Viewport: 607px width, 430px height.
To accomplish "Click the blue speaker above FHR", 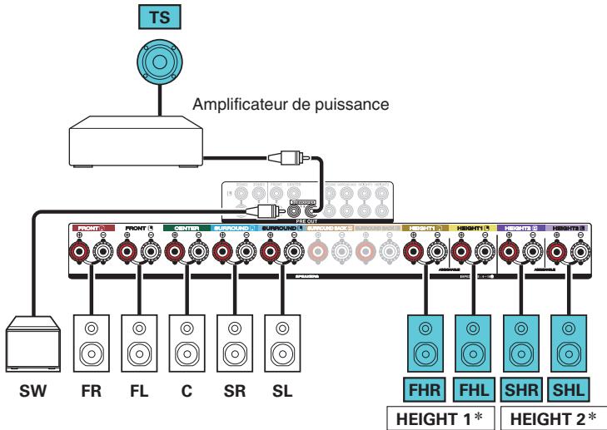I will coord(427,337).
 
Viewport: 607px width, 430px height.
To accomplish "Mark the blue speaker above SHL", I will coord(570,337).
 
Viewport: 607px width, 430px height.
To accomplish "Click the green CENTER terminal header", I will coord(187,225).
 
